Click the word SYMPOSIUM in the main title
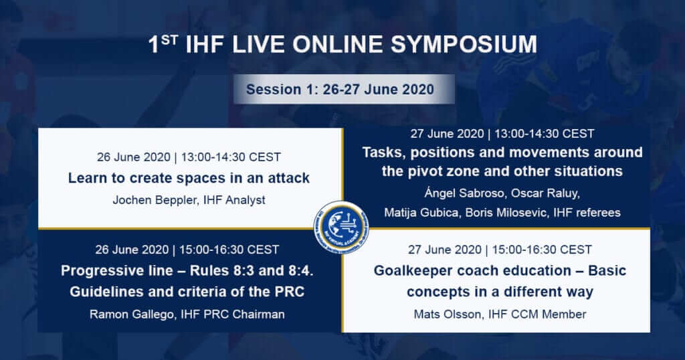pos(464,45)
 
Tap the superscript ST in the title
pos(169,39)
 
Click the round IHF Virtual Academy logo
pos(342,227)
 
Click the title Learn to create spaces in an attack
pos(189,178)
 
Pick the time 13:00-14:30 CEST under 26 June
pos(231,157)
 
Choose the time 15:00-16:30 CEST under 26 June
pos(229,250)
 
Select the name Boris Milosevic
pos(506,213)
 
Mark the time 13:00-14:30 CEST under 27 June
pos(545,133)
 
